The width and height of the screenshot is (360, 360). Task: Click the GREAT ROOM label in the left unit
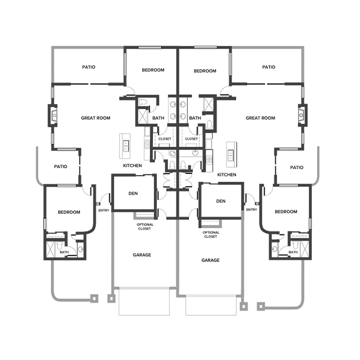point(95,118)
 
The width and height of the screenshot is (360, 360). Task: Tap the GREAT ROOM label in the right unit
point(260,118)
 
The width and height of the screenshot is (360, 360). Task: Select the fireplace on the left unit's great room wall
point(53,115)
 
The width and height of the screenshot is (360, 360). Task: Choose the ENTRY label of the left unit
point(104,210)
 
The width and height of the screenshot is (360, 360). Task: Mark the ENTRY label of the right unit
point(251,210)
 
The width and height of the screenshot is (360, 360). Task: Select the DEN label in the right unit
point(221,201)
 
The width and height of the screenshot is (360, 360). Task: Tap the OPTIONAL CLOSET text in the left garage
point(145,227)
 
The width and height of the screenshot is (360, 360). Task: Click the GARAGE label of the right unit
point(210,260)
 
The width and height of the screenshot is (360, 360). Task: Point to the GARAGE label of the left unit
point(142,255)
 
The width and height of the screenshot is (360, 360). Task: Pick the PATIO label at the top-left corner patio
point(89,67)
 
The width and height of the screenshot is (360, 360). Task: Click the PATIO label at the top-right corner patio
point(269,67)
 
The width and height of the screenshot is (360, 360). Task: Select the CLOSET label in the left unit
point(165,138)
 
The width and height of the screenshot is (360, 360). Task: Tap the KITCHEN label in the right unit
point(227,174)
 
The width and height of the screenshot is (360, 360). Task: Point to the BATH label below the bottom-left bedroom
point(64,253)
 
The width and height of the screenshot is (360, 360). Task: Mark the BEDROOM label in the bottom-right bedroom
point(286,212)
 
